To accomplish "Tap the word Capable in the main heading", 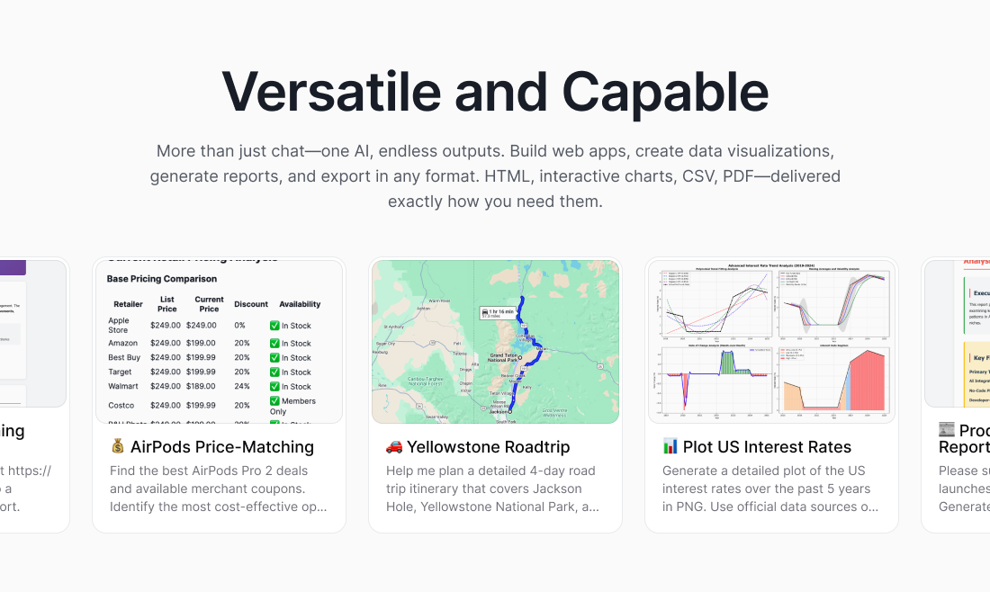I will (x=665, y=91).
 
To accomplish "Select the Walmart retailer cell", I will (x=123, y=387).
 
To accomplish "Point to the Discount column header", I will (x=251, y=305).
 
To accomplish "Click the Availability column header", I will (x=300, y=305).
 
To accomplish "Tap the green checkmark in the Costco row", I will (x=274, y=401).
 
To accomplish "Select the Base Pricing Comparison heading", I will (x=161, y=279).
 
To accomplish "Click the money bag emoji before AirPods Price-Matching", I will (x=118, y=447).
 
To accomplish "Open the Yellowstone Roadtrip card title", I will (x=488, y=447).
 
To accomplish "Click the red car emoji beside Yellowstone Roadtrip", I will (x=394, y=447).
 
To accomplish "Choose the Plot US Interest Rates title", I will (x=767, y=447).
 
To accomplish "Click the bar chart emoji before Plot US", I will (x=670, y=447).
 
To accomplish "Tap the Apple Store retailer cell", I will (x=119, y=325).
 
